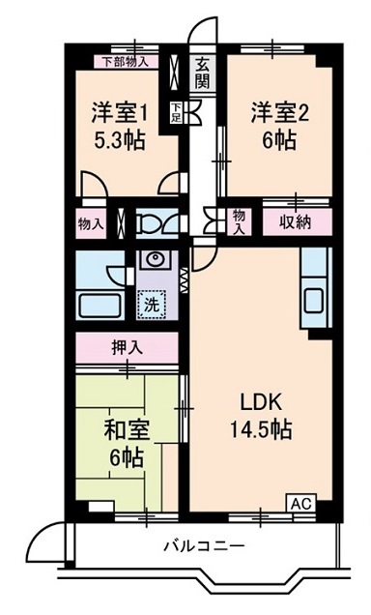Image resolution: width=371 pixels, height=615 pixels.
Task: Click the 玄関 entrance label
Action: (x=202, y=73)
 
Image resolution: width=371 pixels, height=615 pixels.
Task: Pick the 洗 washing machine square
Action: (x=153, y=302)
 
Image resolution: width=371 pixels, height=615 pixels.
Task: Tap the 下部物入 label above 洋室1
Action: (x=126, y=61)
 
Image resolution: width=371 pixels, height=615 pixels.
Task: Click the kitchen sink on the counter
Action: (x=315, y=298)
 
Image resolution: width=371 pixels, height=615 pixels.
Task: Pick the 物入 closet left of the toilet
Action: (x=92, y=223)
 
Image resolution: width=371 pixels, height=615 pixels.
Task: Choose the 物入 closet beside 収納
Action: (x=239, y=222)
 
